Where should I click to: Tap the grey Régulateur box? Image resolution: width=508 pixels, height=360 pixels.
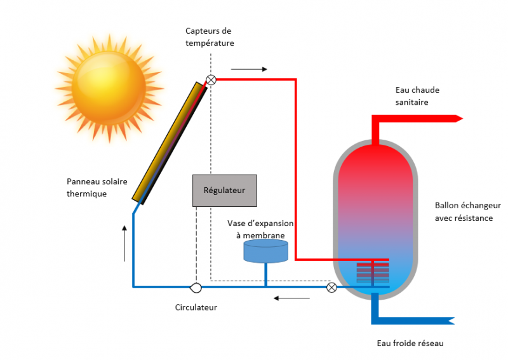[224, 190]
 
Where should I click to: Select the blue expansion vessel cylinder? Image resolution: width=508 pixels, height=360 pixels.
[265, 252]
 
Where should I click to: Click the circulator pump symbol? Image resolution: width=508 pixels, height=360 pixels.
[196, 288]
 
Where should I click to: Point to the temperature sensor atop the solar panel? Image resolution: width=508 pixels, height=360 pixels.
[211, 79]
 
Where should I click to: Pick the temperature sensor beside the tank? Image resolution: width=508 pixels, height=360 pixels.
[331, 288]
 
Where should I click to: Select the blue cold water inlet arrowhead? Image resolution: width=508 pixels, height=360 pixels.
[452, 319]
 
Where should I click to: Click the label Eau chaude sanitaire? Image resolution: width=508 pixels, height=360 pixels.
[417, 96]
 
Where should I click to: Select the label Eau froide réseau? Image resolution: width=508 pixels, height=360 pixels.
[410, 343]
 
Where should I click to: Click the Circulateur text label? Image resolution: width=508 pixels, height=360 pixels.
[196, 307]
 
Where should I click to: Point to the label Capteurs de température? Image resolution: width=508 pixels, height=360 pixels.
[210, 37]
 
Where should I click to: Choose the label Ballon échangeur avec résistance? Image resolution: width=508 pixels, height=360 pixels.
[467, 212]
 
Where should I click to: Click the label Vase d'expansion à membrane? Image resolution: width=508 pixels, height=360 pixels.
[256, 229]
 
